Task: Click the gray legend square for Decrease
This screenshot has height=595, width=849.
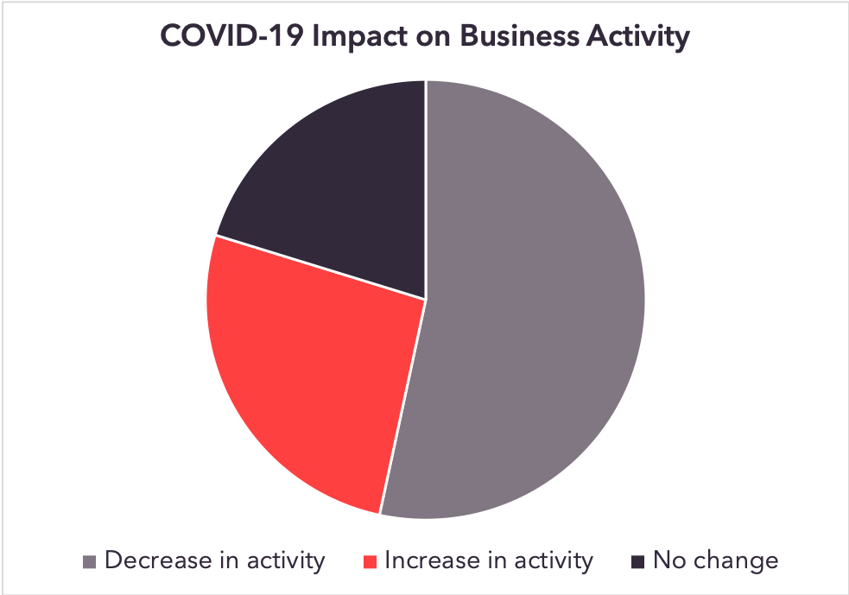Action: coord(89,562)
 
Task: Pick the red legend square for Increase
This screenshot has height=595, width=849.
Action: coord(370,562)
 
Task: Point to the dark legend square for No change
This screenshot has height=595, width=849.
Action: coord(638,562)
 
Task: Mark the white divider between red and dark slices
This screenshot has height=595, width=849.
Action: coord(320,267)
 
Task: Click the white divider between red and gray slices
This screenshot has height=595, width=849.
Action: coord(402,406)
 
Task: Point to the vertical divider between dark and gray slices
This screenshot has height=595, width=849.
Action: coord(426,189)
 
